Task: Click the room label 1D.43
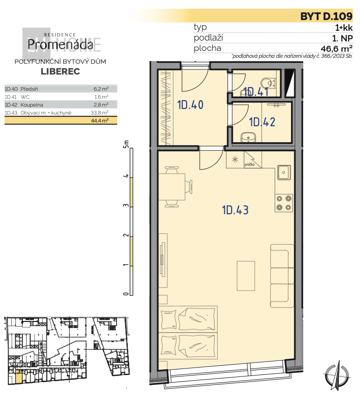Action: tap(235, 210)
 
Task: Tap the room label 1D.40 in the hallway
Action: tap(190, 105)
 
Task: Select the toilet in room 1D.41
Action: tap(268, 83)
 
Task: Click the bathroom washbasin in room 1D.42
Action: tap(248, 137)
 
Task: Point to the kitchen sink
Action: tap(284, 172)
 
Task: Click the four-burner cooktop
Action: tap(284, 203)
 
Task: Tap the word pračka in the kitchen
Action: tap(249, 164)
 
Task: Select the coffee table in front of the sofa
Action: tap(246, 276)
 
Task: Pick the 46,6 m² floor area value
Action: tap(337, 48)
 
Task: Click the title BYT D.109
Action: tap(326, 16)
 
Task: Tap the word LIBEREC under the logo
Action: tap(61, 71)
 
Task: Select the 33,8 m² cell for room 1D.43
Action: tap(100, 113)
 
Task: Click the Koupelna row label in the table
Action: tap(32, 105)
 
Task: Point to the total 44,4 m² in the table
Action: tap(100, 121)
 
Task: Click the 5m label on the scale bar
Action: tap(125, 144)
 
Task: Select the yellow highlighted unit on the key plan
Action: tap(19, 376)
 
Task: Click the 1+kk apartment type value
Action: tap(344, 27)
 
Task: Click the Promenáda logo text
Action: tap(60, 44)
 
